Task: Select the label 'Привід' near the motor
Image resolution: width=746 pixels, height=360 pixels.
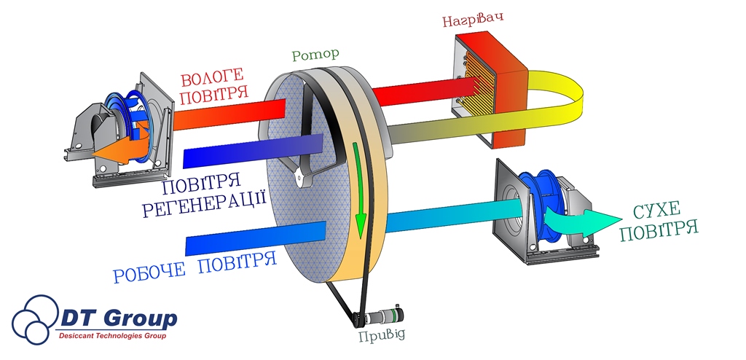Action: pos(382,335)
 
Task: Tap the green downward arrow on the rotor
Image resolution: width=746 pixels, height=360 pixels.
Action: pos(358,189)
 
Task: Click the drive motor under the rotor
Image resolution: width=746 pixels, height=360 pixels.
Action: pos(382,318)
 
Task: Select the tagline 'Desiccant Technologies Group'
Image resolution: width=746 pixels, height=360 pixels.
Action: pos(112,337)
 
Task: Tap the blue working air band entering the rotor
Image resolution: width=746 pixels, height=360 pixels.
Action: pos(255,237)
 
